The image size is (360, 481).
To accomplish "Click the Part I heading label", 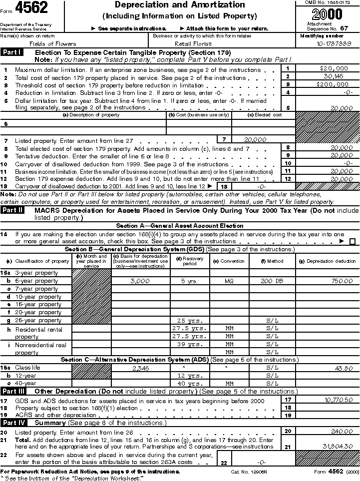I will pyautogui.click(x=12, y=52).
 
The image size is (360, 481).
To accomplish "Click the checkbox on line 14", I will pyautogui.click(x=353, y=241).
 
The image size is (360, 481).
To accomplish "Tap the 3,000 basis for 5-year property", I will pyautogui.click(x=139, y=281).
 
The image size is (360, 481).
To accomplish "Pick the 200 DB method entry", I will pyautogui.click(x=272, y=281).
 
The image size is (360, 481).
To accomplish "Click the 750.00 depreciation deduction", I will pyautogui.click(x=342, y=281).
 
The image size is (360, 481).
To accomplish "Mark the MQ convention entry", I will pyautogui.click(x=229, y=281).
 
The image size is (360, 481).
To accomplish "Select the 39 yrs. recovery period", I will pyautogui.click(x=190, y=344).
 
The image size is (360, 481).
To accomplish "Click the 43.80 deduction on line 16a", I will pyautogui.click(x=344, y=368).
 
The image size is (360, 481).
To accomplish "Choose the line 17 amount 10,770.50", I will pyautogui.click(x=338, y=400).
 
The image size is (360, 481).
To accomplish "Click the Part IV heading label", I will pyautogui.click(x=13, y=423).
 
